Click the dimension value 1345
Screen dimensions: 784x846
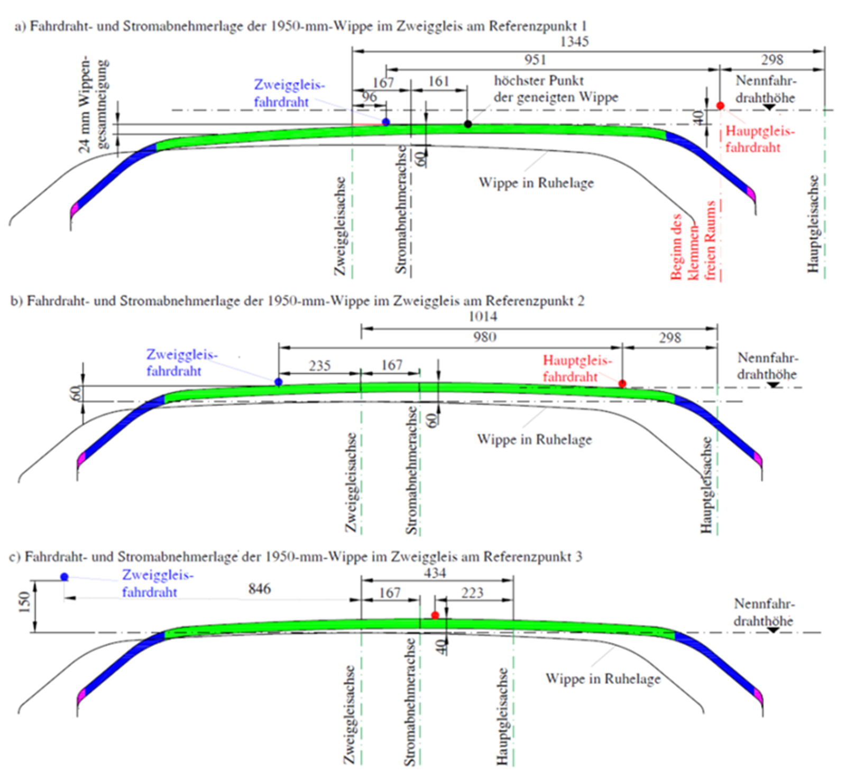click(574, 41)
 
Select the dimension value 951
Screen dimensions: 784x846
click(535, 59)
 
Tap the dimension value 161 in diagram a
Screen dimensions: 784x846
click(438, 81)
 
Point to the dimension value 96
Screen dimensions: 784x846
click(369, 97)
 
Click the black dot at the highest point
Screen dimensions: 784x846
click(467, 124)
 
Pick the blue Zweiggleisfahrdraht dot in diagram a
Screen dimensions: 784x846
click(386, 122)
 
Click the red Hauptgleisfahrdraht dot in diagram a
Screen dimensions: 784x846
click(720, 106)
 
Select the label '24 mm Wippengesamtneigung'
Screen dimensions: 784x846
click(94, 106)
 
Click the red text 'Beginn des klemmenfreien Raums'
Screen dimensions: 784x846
click(692, 240)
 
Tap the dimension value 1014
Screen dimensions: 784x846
click(482, 316)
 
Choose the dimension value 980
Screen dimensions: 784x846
click(484, 337)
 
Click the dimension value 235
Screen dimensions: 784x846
click(319, 366)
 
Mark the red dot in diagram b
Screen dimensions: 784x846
click(622, 384)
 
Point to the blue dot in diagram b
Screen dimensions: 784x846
click(279, 382)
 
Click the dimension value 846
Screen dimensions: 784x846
click(260, 589)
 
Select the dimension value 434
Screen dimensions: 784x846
click(435, 573)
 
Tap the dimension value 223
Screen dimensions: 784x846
click(472, 593)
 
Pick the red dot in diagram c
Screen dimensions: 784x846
click(435, 615)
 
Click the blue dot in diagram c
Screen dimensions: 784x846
click(65, 577)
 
